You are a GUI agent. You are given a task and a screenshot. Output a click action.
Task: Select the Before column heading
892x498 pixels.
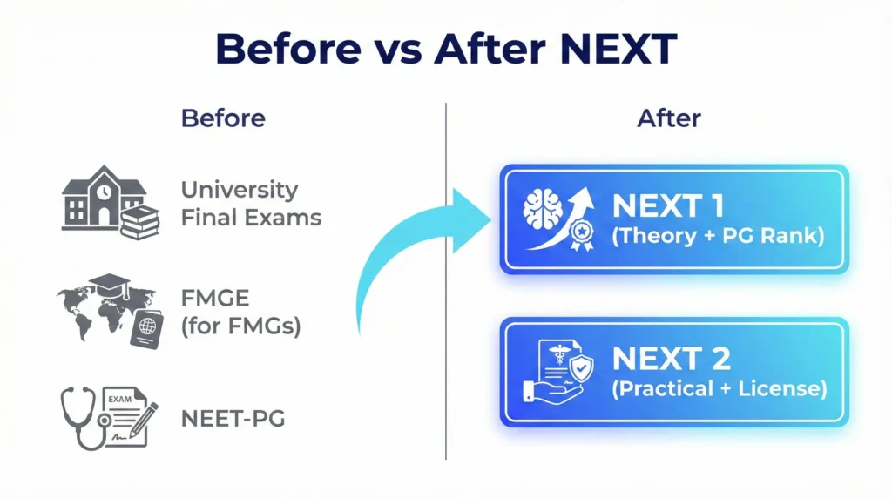pyautogui.click(x=223, y=118)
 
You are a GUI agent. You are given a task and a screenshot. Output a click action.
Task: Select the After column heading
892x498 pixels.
pyautogui.click(x=669, y=118)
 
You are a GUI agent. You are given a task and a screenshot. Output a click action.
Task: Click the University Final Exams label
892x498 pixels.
pyautogui.click(x=251, y=203)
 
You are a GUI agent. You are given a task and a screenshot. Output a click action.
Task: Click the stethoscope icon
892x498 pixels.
pyautogui.click(x=84, y=417)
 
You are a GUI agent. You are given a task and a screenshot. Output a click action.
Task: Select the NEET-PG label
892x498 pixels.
pyautogui.click(x=233, y=419)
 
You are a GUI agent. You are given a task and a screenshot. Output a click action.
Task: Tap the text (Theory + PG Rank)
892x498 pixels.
pyautogui.click(x=718, y=236)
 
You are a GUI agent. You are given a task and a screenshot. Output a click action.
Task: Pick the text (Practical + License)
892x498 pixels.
pyautogui.click(x=720, y=389)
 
